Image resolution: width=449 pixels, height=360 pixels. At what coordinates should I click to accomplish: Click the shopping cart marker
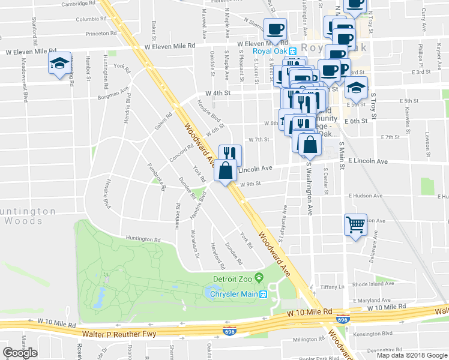pyautogui.click(x=355, y=225)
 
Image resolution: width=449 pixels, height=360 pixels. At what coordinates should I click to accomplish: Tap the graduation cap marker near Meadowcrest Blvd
pyautogui.click(x=60, y=63)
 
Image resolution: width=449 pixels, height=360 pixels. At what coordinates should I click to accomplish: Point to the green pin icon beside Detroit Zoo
pyautogui.click(x=259, y=278)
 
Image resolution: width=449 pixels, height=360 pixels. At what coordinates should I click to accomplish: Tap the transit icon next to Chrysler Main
pyautogui.click(x=262, y=294)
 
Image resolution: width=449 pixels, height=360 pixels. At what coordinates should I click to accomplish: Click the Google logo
pyautogui.click(x=20, y=352)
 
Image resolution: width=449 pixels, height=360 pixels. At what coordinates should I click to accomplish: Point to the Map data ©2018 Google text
pyautogui.click(x=412, y=355)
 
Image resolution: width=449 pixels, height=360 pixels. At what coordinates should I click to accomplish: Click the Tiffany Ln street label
pyautogui.click(x=334, y=287)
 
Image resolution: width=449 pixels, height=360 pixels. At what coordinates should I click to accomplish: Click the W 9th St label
pyautogui.click(x=252, y=185)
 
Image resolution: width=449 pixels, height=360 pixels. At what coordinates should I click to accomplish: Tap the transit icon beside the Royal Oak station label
pyautogui.click(x=293, y=51)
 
